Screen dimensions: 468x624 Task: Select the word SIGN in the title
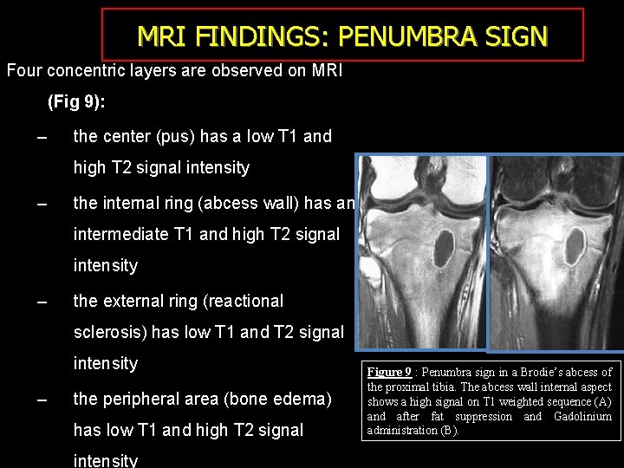point(517,36)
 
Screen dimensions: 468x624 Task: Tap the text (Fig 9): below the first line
point(76,102)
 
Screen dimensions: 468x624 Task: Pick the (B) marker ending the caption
point(449,431)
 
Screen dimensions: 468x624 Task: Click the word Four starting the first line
point(24,70)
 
